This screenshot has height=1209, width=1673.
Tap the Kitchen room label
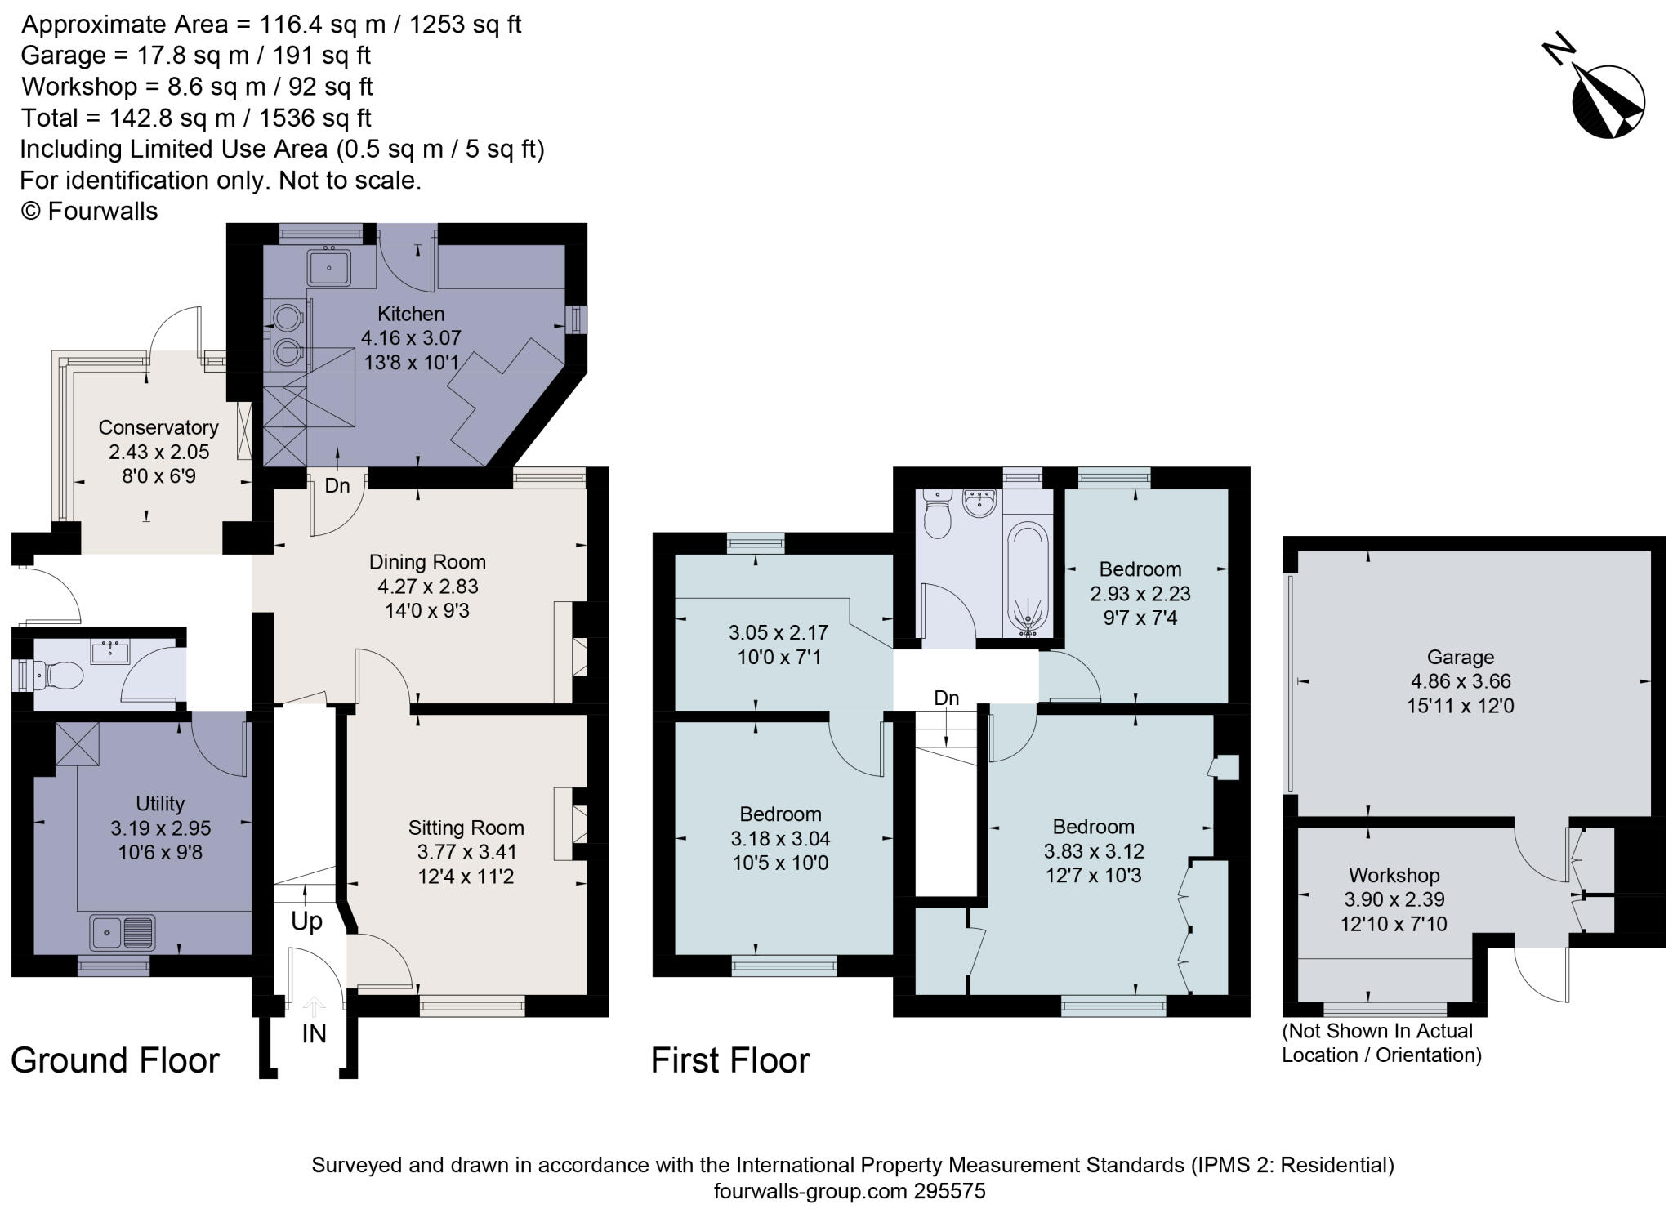tap(411, 314)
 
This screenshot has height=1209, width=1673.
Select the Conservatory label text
tap(158, 427)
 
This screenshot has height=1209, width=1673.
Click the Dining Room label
tap(427, 562)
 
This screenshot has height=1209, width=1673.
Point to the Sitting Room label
tap(466, 828)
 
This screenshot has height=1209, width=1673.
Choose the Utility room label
tap(160, 804)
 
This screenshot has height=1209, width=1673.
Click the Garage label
tap(1461, 657)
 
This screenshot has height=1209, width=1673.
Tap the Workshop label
tap(1394, 876)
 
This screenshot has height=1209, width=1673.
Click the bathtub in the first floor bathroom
tap(1027, 578)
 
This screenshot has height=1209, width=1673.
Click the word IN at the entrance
tap(315, 1034)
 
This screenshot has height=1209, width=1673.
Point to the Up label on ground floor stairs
tap(306, 921)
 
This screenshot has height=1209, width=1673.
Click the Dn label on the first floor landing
tap(947, 698)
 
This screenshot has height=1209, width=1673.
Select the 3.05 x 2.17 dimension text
tap(779, 632)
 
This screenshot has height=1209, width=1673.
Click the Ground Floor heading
tap(115, 1060)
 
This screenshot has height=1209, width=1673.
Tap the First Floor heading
tap(730, 1060)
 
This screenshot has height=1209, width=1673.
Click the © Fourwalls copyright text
tap(89, 211)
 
